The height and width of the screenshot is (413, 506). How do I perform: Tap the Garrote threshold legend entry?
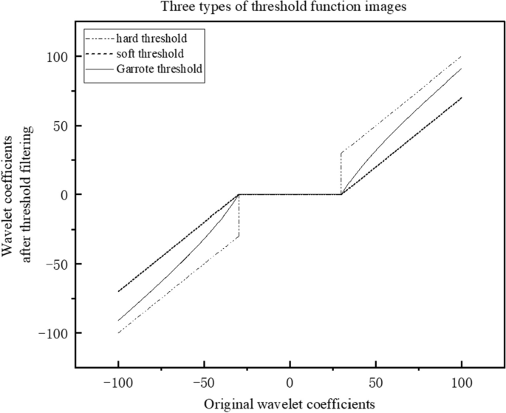(160, 69)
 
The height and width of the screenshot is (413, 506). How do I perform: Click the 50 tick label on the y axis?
(61, 126)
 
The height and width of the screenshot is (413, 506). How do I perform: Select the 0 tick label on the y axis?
(65, 195)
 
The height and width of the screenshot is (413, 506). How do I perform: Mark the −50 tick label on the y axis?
(58, 264)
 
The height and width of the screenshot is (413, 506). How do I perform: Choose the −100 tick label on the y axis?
(55, 333)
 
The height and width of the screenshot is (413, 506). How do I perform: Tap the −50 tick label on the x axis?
(204, 385)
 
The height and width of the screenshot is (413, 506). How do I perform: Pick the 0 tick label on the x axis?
(290, 385)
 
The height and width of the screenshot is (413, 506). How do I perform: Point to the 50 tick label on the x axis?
(375, 385)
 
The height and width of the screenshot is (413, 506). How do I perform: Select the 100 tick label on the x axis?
(461, 385)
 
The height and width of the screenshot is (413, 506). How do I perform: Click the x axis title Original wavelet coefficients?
(290, 403)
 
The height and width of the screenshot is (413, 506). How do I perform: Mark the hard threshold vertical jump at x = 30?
(341, 174)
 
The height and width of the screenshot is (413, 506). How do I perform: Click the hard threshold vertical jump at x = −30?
(239, 216)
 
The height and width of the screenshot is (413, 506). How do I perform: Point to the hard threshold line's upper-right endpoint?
(461, 56)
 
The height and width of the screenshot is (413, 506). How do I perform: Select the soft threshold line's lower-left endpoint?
(118, 292)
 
